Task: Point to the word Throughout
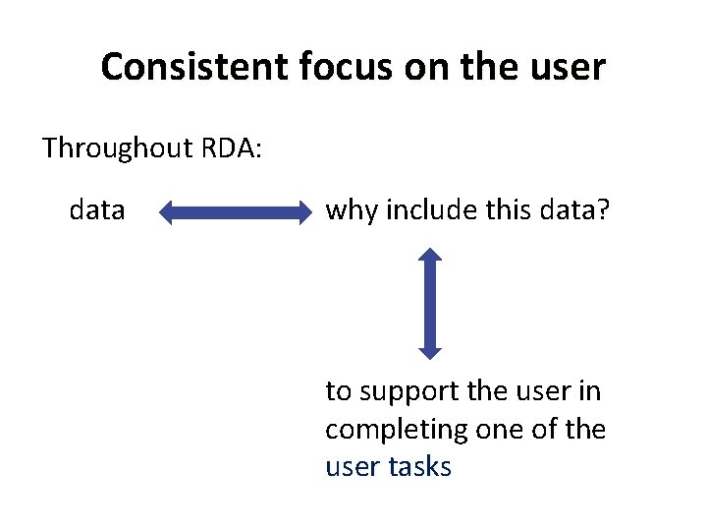pos(118,148)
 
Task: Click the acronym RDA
pos(230,148)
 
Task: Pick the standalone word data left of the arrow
pos(97,209)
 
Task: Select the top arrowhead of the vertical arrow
pos(430,259)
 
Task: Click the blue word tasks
pos(419,466)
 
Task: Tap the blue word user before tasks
pos(352,466)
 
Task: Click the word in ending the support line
pos(590,391)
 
